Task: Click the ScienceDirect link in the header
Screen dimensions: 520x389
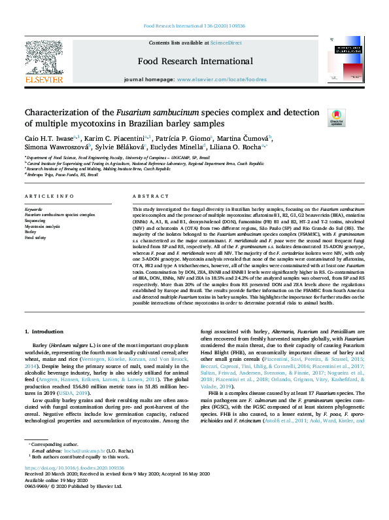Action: click(x=226, y=43)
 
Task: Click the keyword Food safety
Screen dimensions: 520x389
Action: click(x=35, y=238)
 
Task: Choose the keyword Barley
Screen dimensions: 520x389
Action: click(x=30, y=232)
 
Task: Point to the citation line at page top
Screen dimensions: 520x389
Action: click(x=194, y=26)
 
